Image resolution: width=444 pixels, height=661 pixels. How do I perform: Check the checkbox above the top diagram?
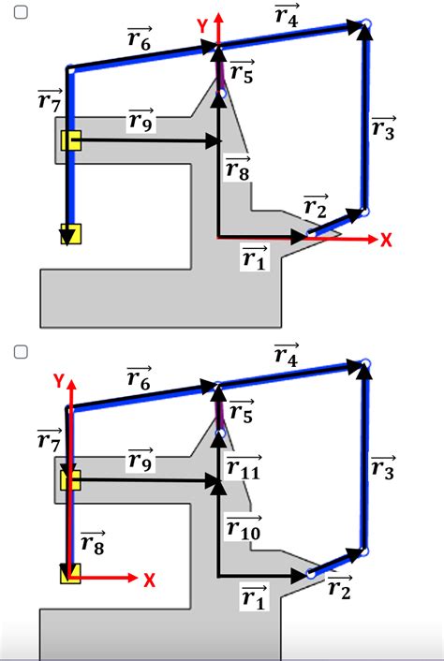(21, 12)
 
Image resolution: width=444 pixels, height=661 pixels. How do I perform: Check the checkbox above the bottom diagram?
(21, 352)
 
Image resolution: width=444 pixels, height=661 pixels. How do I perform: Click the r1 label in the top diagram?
(255, 257)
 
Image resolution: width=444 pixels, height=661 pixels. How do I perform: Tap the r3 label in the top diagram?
(383, 127)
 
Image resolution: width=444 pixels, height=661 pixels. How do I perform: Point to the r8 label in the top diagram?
(238, 169)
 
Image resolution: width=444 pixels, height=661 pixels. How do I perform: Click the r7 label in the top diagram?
(50, 100)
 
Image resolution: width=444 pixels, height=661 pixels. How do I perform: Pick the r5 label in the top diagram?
(242, 71)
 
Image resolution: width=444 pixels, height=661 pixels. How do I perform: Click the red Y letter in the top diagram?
(203, 26)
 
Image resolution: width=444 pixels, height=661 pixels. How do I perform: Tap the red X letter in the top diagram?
(386, 240)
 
